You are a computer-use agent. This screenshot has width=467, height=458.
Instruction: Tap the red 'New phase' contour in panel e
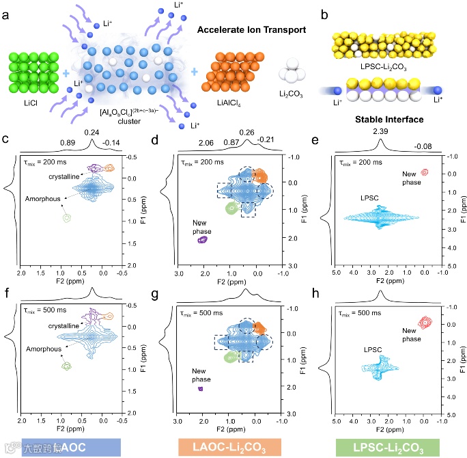[x=425, y=172]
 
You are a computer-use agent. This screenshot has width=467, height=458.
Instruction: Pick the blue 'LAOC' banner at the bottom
[x=61, y=448]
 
